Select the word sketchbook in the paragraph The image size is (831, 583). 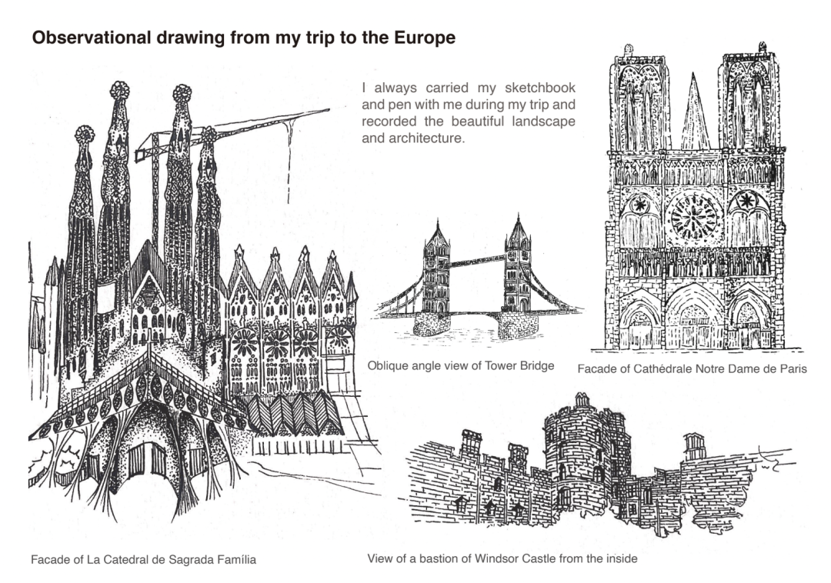(x=540, y=88)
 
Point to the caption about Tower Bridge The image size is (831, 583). (x=461, y=366)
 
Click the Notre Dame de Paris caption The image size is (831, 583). (x=692, y=369)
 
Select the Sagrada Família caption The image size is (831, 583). (x=143, y=560)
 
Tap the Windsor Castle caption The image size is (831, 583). (x=502, y=558)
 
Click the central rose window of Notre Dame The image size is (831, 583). (x=694, y=218)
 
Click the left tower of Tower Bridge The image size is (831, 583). (x=437, y=268)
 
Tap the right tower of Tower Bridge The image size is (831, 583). (x=517, y=264)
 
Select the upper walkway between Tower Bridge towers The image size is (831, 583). (x=477, y=261)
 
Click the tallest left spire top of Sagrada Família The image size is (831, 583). (x=120, y=91)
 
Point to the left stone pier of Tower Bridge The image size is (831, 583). (x=432, y=324)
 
